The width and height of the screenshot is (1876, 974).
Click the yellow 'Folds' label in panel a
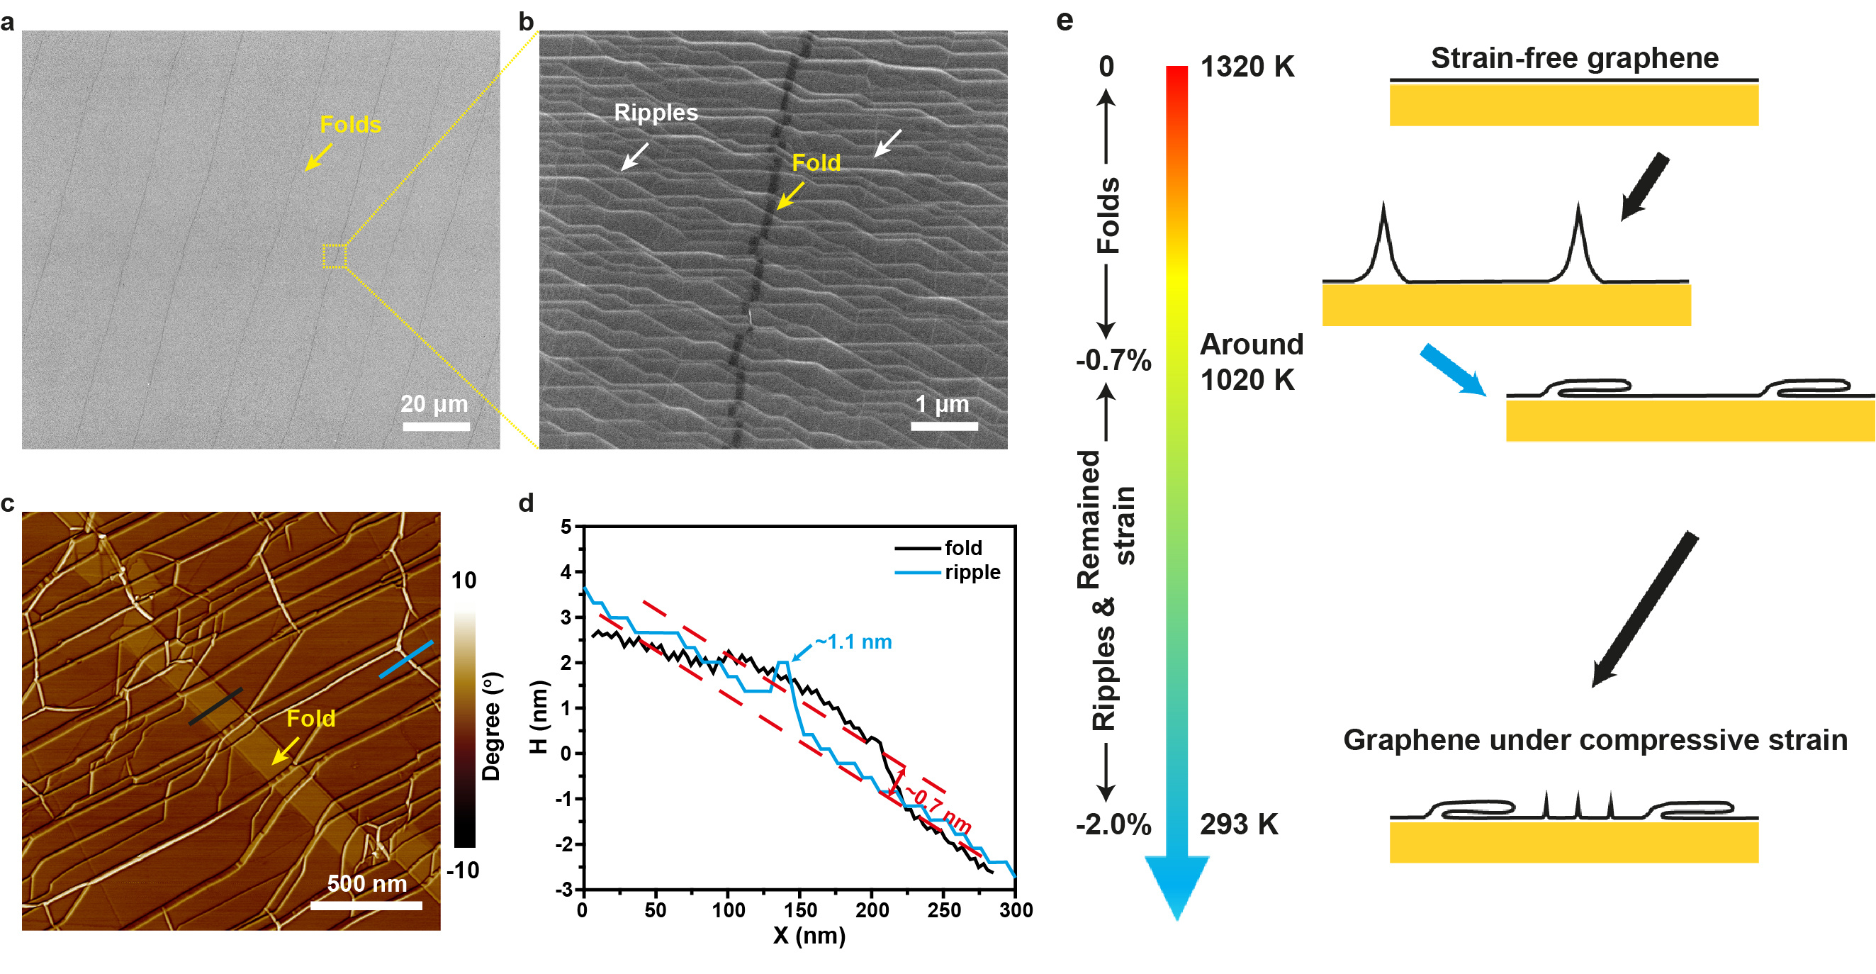click(350, 125)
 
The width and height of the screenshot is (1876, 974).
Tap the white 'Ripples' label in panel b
click(656, 113)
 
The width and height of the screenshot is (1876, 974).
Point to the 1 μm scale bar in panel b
click(944, 426)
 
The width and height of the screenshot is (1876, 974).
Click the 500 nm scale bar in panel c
click(366, 905)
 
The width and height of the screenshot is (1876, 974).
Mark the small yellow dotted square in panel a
click(335, 257)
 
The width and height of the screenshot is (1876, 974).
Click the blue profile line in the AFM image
click(406, 659)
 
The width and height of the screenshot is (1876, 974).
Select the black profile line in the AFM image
click(215, 706)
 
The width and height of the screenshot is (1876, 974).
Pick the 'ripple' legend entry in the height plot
click(972, 573)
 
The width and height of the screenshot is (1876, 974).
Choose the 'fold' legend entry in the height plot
click(962, 548)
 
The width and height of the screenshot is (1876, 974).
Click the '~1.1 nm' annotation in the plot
click(853, 642)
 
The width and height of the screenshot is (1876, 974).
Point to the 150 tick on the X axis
click(799, 910)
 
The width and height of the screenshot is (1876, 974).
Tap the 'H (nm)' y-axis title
click(538, 717)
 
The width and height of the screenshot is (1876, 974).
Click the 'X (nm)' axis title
click(809, 936)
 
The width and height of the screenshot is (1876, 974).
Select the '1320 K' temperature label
click(1247, 67)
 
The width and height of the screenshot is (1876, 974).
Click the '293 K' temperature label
click(1239, 824)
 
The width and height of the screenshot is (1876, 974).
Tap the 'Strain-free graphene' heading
click(1575, 58)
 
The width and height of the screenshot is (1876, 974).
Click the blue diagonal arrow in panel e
click(1453, 369)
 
